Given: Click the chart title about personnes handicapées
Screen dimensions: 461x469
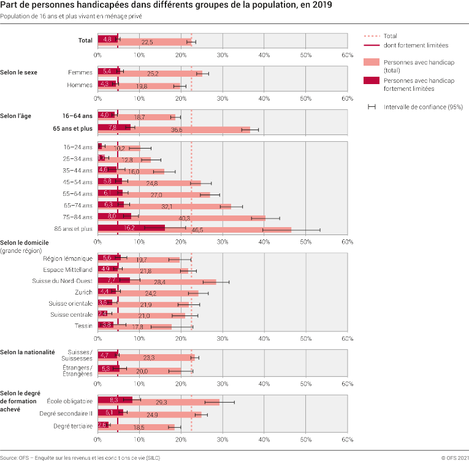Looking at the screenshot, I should coord(166,6).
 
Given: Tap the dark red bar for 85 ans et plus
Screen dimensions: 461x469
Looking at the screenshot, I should coord(131,228).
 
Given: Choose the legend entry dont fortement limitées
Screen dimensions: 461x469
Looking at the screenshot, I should coord(416,45).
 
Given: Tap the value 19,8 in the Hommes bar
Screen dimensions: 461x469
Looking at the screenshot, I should coord(142,87).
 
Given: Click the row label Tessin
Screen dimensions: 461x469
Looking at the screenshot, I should coord(83,325).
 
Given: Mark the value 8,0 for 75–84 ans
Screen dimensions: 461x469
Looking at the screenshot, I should coord(112,217).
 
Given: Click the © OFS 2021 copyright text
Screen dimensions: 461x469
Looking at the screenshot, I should coord(454,457).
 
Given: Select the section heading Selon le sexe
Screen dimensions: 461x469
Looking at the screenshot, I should coord(18,72).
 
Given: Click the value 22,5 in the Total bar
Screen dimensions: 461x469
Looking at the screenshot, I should coord(147,42).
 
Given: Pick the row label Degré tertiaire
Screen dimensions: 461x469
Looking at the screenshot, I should coord(73,425).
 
